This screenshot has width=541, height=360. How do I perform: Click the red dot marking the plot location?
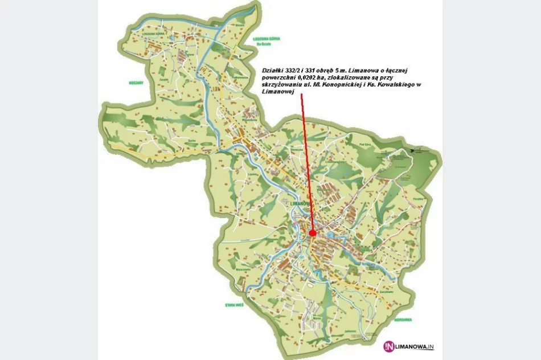pyautogui.click(x=312, y=233)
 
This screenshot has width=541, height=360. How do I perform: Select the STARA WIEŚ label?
pyautogui.click(x=235, y=305)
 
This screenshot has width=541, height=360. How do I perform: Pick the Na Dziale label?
pyautogui.click(x=263, y=43)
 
